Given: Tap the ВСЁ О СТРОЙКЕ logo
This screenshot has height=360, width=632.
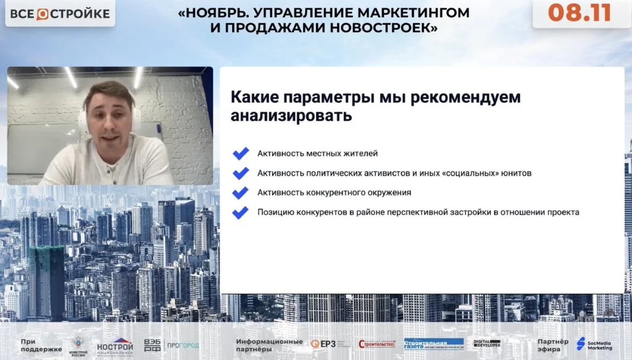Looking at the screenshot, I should click(x=60, y=14).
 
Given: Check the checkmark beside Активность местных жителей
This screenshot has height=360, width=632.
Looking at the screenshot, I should click(x=240, y=153).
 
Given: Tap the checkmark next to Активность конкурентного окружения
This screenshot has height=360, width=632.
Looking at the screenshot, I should click(x=240, y=193).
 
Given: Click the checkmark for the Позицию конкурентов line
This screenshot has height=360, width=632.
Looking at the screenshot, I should click(x=240, y=212).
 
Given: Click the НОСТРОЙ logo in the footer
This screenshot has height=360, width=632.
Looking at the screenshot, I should click(x=115, y=345).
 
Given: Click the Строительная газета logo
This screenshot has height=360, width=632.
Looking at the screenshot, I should click(x=433, y=344).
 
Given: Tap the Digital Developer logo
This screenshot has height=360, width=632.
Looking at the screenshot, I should click(x=487, y=344).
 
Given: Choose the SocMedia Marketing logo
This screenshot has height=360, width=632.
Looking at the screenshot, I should click(x=595, y=344).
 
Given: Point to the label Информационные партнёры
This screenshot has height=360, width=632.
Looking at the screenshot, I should click(x=269, y=345).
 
